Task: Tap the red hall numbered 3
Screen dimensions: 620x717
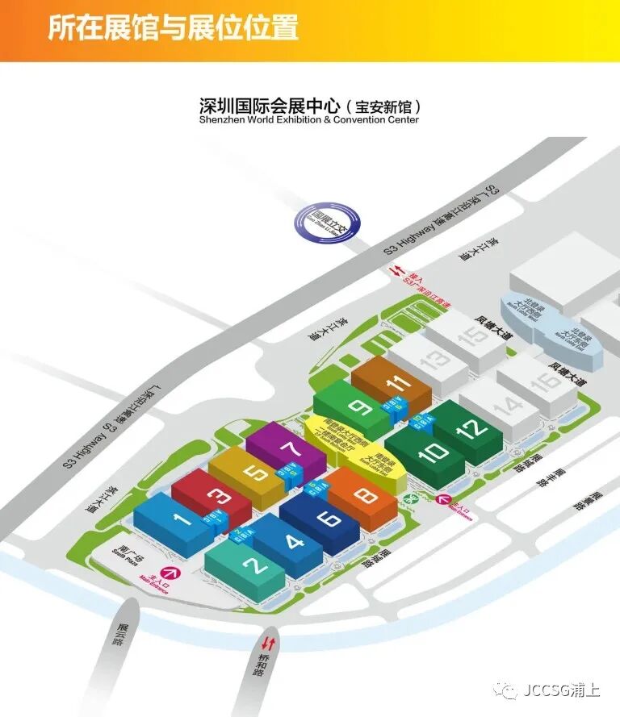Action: pyautogui.click(x=215, y=494)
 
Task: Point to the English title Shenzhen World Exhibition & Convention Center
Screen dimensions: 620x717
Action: pyautogui.click(x=309, y=119)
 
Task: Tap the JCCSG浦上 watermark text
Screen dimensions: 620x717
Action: pyautogui.click(x=560, y=691)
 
